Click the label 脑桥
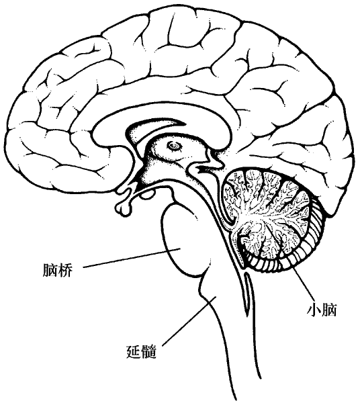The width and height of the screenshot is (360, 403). click(58, 270)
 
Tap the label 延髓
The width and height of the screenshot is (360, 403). click(142, 351)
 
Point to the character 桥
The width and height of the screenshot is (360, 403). click(65, 270)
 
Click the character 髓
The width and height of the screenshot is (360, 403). click(149, 351)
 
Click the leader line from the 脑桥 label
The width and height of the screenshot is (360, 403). click(132, 258)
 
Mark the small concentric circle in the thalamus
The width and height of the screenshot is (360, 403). click(175, 146)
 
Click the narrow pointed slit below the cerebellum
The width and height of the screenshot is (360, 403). click(248, 293)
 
